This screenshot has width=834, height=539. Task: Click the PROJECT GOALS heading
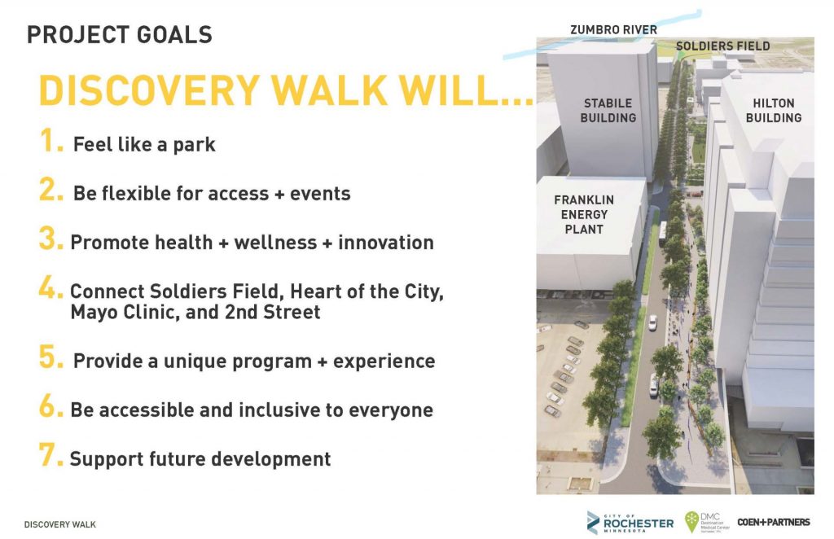pos(119,35)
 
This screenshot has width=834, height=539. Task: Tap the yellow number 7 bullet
pos(51,455)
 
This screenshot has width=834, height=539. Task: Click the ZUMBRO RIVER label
pos(612,30)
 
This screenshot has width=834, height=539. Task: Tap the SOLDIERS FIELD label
pos(722,46)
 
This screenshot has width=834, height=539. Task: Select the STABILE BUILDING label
pos(608,111)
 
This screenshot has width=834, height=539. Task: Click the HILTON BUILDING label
pos(773,111)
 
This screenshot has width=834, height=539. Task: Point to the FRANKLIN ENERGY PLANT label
pos(584,214)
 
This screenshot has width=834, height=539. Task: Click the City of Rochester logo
pos(630,522)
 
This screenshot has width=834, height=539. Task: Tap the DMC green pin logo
pos(691,522)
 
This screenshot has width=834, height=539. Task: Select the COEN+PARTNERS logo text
pos(773,522)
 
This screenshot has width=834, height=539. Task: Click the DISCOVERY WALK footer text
pos(60,524)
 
